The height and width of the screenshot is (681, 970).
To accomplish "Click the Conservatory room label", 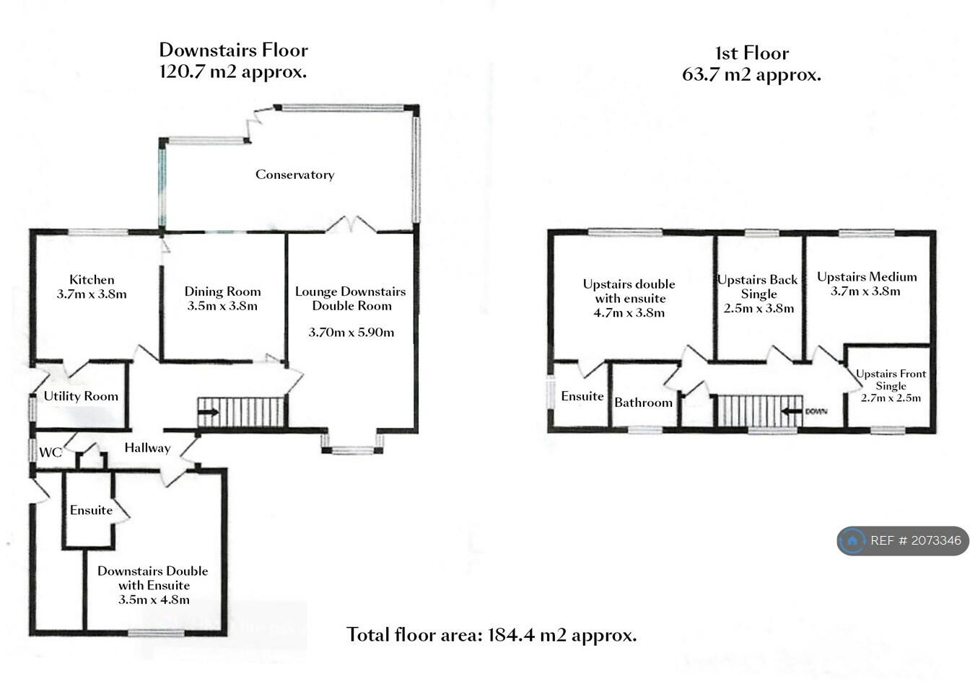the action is pyautogui.click(x=295, y=175).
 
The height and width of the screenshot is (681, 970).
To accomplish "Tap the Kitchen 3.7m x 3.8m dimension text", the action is pyautogui.click(x=92, y=294).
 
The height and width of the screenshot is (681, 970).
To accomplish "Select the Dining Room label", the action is pyautogui.click(x=222, y=291).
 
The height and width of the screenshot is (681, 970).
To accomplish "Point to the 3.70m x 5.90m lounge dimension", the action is pyautogui.click(x=351, y=333).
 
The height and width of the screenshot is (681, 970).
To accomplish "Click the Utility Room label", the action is pyautogui.click(x=81, y=396).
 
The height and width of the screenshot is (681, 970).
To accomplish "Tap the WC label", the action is pyautogui.click(x=51, y=452).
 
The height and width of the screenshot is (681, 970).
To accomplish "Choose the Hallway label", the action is pyautogui.click(x=147, y=448).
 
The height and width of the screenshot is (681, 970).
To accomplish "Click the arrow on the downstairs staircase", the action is pyautogui.click(x=209, y=412).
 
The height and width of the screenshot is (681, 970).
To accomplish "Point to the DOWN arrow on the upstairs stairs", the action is pyautogui.click(x=792, y=411).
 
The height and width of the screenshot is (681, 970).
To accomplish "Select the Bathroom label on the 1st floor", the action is pyautogui.click(x=644, y=403).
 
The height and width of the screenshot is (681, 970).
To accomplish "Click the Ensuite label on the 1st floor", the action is pyautogui.click(x=582, y=396).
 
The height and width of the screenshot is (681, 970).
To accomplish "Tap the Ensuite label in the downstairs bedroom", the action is pyautogui.click(x=91, y=510).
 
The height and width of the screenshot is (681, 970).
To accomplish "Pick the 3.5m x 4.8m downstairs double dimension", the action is pyautogui.click(x=154, y=599).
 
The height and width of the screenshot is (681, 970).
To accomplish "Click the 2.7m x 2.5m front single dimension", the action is pyautogui.click(x=891, y=398).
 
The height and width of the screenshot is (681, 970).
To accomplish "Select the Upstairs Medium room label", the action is pyautogui.click(x=867, y=276).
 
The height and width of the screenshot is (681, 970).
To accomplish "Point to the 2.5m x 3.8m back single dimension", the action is pyautogui.click(x=759, y=308).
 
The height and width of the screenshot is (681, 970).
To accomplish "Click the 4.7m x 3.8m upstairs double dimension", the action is pyautogui.click(x=629, y=312).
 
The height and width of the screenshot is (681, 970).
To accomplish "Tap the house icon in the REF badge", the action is pyautogui.click(x=852, y=540).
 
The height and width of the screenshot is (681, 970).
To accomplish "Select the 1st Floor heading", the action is pyautogui.click(x=752, y=53).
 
